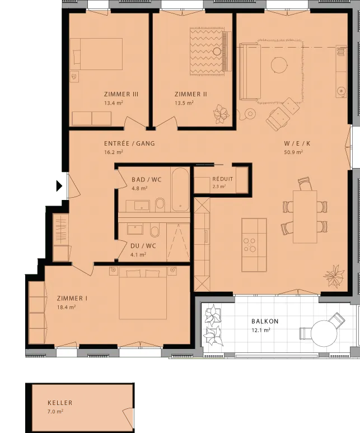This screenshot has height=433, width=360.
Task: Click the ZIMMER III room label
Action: point(121,94)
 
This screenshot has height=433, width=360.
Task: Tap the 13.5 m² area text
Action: point(184,103)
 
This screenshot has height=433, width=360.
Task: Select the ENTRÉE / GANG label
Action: point(129,143)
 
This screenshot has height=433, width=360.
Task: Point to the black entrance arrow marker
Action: point(59,186)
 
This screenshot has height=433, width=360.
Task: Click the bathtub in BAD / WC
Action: point(180,189)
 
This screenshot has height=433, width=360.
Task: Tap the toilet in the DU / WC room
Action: point(155,231)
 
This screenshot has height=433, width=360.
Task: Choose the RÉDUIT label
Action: point(222,179)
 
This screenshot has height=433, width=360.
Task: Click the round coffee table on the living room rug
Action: point(279,65)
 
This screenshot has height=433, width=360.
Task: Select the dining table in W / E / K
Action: point(305,216)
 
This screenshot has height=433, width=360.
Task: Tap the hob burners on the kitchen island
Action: point(249,245)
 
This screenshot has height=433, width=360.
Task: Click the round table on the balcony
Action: point(324,333)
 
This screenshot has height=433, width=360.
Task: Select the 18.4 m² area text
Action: point(66,307)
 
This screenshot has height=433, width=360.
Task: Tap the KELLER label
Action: point(60,403)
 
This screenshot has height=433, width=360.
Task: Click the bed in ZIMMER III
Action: point(96,54)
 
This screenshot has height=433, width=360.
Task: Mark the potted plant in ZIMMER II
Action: point(221,114)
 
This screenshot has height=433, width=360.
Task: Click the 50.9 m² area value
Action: point(293,152)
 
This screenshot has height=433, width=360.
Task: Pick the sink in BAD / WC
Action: point(142,206)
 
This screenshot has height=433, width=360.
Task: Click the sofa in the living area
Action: point(250,71)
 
